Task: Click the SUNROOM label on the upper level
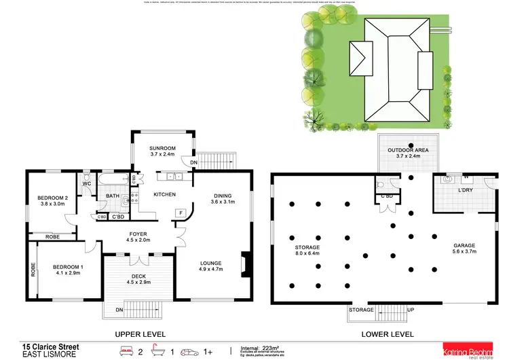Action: [x=163, y=147]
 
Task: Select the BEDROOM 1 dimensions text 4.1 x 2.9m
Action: [x=68, y=273]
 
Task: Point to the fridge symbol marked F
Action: [x=181, y=213]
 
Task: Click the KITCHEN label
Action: [x=164, y=195]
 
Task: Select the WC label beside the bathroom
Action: [x=87, y=183]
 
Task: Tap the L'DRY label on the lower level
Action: [x=465, y=190]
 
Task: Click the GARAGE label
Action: [x=464, y=245]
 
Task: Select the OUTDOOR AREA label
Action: [x=404, y=150]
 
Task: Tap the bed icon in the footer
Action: [x=126, y=350]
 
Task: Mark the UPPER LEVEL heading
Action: [x=140, y=334]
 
